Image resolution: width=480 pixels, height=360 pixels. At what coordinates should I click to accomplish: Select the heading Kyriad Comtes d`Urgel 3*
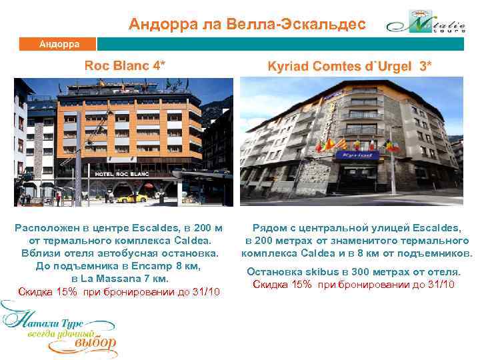point(349,66)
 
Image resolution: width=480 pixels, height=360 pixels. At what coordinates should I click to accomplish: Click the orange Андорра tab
point(59,44)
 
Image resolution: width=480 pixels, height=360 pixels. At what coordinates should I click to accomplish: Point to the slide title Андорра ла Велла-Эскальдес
point(247,25)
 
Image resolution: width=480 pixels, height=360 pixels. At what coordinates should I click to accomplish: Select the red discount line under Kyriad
point(353,285)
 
